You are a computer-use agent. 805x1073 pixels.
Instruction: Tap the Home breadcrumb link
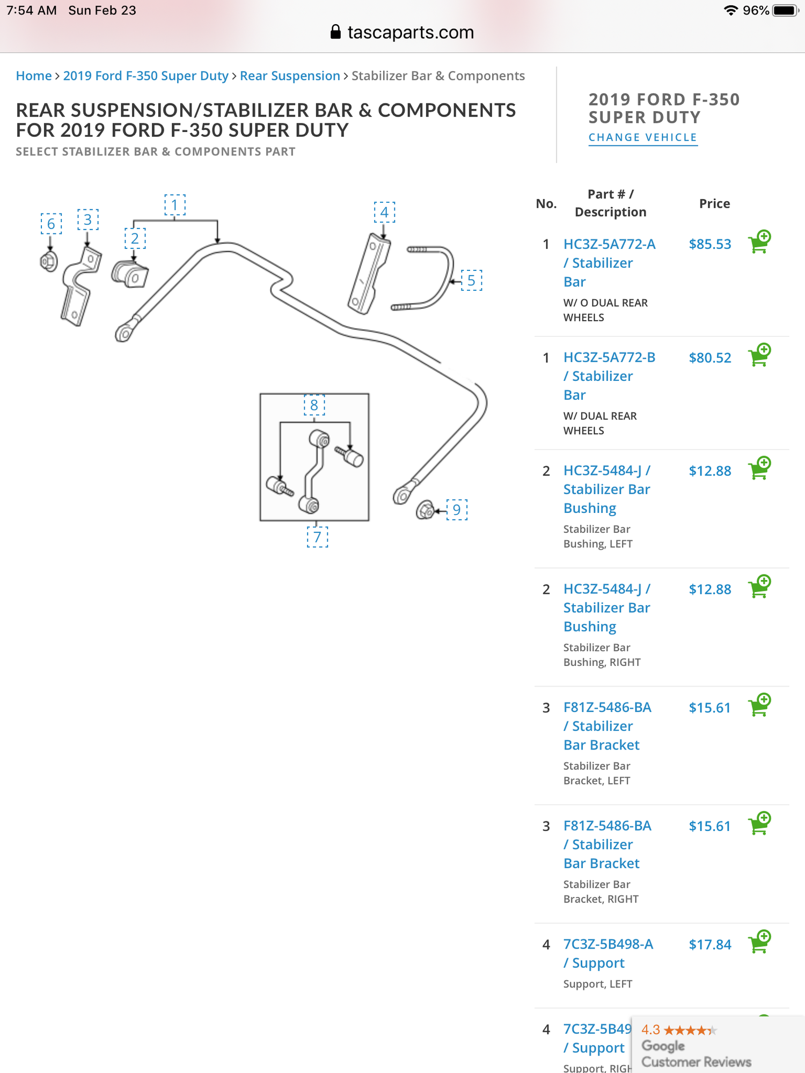33,76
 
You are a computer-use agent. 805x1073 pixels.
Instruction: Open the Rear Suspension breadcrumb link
290,76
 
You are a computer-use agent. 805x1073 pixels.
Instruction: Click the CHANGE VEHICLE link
642,138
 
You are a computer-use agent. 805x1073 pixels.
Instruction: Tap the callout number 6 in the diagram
51,224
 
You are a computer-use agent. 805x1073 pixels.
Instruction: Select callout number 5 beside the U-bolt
471,281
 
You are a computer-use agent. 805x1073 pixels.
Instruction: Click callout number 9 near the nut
457,510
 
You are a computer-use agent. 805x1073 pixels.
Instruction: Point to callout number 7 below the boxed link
317,537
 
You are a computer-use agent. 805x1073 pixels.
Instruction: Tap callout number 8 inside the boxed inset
314,405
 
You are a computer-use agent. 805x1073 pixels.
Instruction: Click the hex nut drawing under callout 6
49,262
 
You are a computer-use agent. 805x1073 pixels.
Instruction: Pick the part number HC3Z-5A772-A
609,245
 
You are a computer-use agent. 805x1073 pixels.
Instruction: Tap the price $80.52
709,358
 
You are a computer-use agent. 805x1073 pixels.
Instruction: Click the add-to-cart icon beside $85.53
759,242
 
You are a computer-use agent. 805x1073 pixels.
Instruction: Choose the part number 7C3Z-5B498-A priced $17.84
608,944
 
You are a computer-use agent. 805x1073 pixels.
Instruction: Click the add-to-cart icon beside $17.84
759,942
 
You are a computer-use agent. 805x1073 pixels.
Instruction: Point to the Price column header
714,204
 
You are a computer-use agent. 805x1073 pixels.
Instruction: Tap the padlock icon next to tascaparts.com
335,32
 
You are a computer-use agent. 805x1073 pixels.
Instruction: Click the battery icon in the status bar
786,11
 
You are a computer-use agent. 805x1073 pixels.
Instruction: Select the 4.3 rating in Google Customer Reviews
650,1030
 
